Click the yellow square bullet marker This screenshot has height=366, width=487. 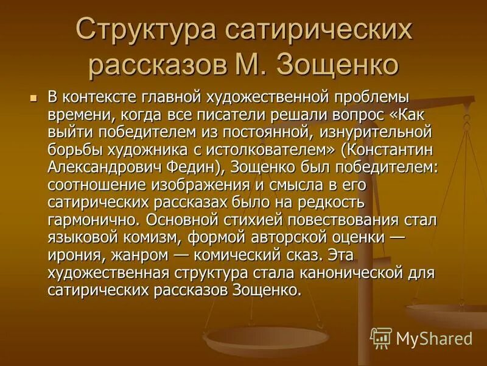pos(34,98)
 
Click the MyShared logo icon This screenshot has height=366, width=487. pos(381,337)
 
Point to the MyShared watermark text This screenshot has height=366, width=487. pos(434,338)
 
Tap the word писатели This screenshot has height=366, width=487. pos(241,114)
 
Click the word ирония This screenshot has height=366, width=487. pos(71,252)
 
